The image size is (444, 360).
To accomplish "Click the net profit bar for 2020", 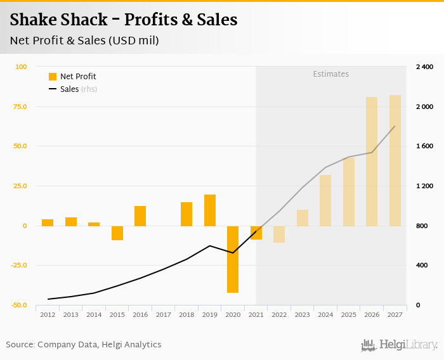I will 233,259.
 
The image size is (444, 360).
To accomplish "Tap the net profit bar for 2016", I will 140,216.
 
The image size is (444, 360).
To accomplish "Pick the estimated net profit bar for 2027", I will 395,160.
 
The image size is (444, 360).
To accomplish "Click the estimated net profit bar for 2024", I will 325,200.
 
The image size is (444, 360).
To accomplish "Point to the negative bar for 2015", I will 117,233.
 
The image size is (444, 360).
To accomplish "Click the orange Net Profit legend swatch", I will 53,77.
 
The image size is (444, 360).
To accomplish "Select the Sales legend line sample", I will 53,89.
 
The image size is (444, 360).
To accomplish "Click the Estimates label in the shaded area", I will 330,74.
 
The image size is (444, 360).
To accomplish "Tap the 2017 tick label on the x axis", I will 163,314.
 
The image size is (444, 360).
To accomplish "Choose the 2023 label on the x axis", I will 303,314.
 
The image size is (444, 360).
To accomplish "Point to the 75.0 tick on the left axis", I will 21,106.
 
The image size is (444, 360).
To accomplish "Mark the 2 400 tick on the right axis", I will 424,67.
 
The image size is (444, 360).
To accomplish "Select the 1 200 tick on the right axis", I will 424,186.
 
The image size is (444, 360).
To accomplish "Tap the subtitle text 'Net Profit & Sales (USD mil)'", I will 84,41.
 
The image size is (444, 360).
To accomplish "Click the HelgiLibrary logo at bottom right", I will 400,345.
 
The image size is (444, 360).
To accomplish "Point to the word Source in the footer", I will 20,345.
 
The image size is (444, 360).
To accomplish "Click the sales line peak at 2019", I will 210,246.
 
